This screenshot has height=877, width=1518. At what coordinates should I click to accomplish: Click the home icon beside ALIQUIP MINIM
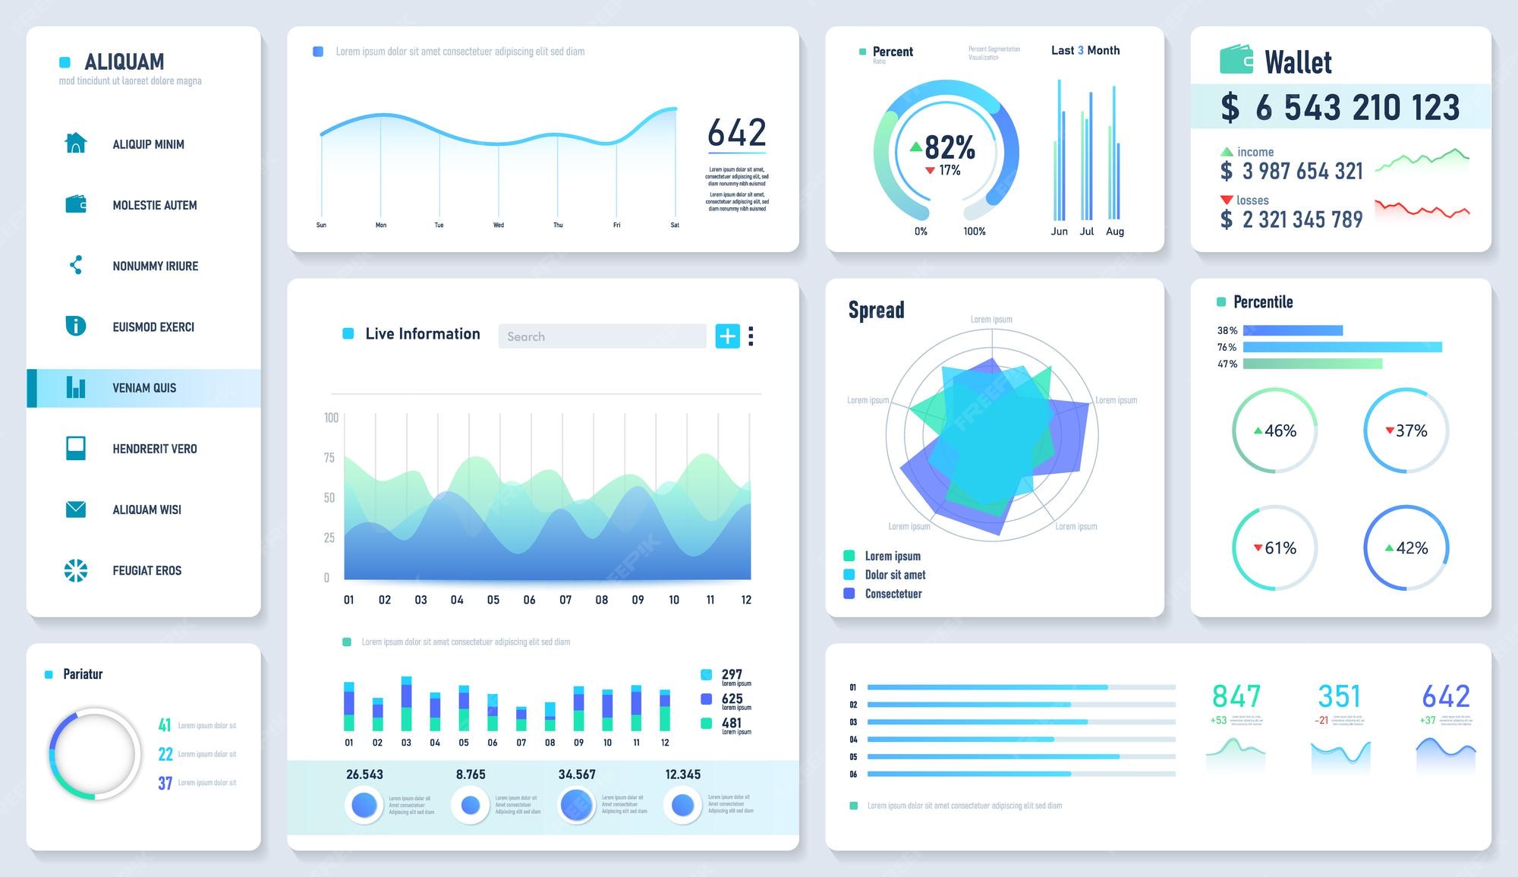[76, 143]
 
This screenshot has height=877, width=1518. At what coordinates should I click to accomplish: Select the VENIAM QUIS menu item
[144, 388]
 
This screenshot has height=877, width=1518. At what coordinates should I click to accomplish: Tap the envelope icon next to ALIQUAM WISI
[76, 509]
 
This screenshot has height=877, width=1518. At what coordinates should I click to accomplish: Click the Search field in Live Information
[602, 336]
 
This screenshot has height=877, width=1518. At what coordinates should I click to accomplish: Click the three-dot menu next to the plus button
[751, 336]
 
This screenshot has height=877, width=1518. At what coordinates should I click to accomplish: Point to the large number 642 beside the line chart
[736, 133]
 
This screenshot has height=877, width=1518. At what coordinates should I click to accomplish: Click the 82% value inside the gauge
[949, 147]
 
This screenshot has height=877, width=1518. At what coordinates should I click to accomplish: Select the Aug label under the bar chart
[1114, 232]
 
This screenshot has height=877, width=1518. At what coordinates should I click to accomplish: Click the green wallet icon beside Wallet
[1236, 60]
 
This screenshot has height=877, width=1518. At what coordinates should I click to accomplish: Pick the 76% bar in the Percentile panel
[1342, 347]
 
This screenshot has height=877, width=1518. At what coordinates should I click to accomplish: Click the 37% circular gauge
[1406, 431]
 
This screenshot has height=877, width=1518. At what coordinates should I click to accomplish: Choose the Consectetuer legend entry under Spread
[893, 594]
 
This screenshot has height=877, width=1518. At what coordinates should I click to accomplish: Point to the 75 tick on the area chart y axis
[329, 458]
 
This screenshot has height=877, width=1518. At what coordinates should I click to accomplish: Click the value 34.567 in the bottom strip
[577, 774]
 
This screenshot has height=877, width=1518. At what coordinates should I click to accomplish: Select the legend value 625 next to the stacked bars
[732, 699]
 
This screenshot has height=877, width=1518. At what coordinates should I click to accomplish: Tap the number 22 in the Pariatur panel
[165, 754]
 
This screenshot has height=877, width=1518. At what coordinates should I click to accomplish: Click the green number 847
[1236, 696]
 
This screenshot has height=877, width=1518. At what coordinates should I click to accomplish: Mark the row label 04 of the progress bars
[853, 740]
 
